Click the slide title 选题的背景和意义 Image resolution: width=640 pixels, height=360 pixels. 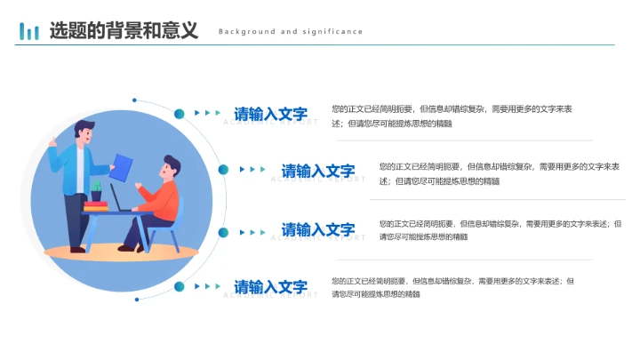coord(124,31)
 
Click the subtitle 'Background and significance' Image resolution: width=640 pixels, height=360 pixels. coord(291,32)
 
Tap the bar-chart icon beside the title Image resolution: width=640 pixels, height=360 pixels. coord(29,32)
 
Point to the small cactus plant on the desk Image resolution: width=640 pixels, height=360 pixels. coord(97,189)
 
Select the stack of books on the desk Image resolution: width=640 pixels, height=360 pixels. coord(95,206)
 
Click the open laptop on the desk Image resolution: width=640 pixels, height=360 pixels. coord(118,197)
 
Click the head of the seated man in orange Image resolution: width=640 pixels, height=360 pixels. coord(170,166)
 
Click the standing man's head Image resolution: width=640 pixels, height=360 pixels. coord(84,130)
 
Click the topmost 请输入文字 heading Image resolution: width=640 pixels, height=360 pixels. coord(270,114)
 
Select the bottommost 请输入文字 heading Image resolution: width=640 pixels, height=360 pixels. coord(270,287)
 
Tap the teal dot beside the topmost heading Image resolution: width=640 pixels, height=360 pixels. coord(179,114)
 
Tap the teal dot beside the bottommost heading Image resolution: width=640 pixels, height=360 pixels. coord(179,286)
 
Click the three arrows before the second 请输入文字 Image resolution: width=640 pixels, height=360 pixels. coord(252,170)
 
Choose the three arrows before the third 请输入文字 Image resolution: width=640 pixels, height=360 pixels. coord(252,232)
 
